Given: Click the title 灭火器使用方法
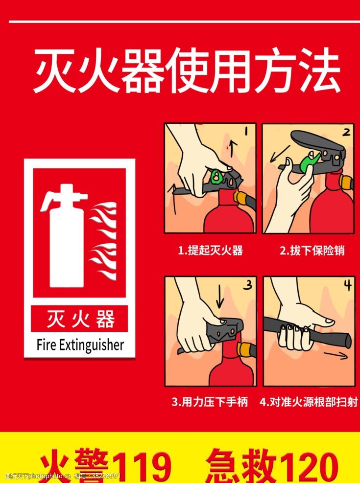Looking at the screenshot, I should (x=186, y=73).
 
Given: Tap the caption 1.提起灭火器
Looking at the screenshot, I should (x=210, y=251).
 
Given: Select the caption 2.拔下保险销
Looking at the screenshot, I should (x=312, y=251).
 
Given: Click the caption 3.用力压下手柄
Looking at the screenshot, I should (x=210, y=403).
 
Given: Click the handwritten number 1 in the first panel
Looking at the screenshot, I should (x=246, y=132).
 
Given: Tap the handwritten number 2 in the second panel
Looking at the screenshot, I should (x=346, y=132).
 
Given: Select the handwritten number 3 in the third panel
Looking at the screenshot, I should (x=248, y=285).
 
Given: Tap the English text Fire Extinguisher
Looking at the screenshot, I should (x=80, y=345).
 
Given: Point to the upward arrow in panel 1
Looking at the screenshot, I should (x=234, y=148).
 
